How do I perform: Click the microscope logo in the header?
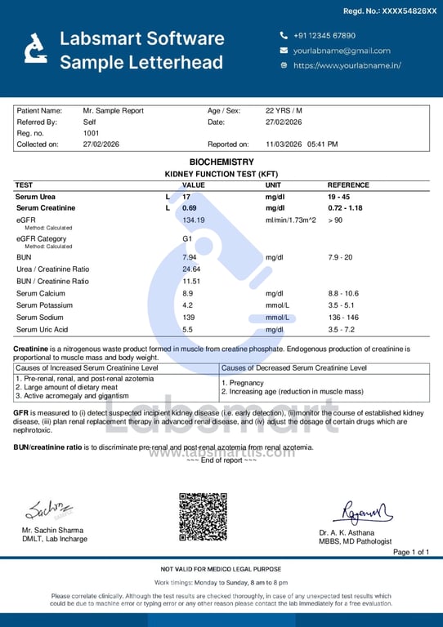point(35,49)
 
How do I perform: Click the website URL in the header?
point(347,65)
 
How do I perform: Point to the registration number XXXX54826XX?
point(402,11)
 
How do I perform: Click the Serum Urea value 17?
point(186,197)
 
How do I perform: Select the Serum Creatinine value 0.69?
point(190,208)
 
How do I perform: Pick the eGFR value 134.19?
point(194,220)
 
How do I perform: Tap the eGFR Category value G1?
point(187,239)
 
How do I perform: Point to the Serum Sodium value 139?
point(189,317)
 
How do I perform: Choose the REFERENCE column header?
point(348,185)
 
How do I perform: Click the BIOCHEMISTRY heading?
point(221,162)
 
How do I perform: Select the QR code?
point(203,517)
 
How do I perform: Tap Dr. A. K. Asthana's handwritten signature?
point(361,513)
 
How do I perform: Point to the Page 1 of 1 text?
point(411,553)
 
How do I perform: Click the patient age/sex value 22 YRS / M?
point(284,110)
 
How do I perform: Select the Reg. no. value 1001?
point(91,133)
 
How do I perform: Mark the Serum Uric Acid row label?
point(42,329)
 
